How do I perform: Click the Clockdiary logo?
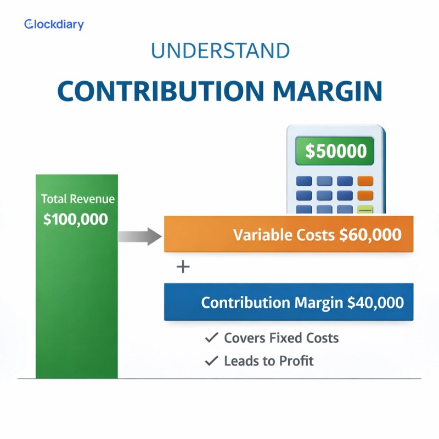54,24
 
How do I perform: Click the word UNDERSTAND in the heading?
220,50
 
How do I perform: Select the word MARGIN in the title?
328,91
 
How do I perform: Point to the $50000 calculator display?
335,151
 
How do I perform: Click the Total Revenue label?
78,199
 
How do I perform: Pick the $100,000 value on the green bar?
76,219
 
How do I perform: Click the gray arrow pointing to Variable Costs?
140,237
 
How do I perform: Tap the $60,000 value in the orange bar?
370,235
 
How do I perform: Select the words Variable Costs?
284,235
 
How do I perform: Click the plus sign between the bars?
183,267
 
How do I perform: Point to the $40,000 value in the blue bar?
375,302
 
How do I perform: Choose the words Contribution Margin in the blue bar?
272,303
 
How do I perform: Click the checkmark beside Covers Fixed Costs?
211,337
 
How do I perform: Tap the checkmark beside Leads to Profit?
211,361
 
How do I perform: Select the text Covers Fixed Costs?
282,337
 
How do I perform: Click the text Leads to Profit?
269,361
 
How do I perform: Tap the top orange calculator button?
365,181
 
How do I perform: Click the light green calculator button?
365,210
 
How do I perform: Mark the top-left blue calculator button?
304,181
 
